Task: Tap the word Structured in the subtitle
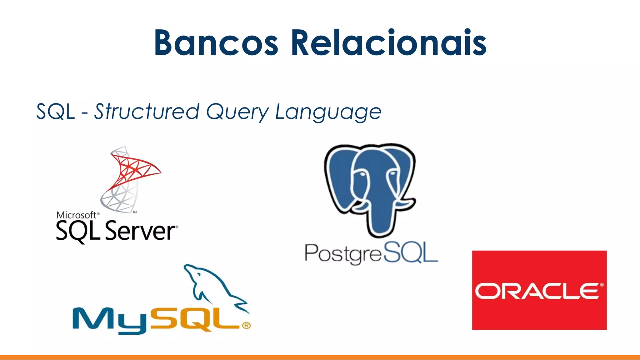(147, 112)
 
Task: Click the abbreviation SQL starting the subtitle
(56, 112)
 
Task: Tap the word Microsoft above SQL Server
(76, 215)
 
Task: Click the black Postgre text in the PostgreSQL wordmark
(343, 254)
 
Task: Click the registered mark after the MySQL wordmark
(246, 326)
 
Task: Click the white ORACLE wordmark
(537, 291)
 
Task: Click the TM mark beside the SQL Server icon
(135, 212)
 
